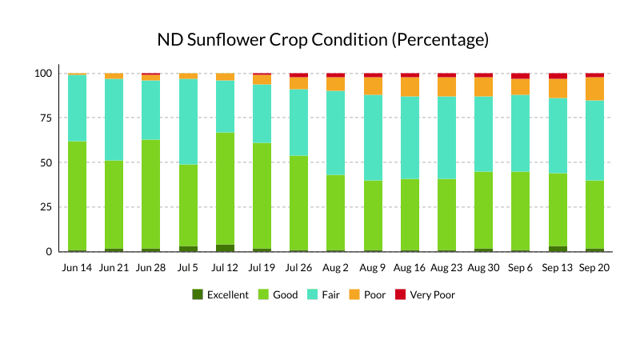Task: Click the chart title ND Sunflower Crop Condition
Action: [x=273, y=40]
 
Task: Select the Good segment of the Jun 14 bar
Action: [x=77, y=196]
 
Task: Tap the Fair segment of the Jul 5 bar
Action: [x=188, y=122]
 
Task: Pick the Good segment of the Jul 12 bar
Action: [x=225, y=189]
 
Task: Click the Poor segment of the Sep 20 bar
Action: [x=594, y=89]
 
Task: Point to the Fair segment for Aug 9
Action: [x=373, y=138]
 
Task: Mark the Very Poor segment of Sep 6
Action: [x=521, y=76]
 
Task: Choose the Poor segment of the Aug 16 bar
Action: [x=410, y=86]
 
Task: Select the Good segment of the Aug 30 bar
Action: [x=484, y=210]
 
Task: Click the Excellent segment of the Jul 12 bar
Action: [x=225, y=248]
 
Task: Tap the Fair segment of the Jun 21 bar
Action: [x=114, y=119]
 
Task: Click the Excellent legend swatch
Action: [x=198, y=294]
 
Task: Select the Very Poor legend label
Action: [x=432, y=294]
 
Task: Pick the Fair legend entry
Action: [x=323, y=294]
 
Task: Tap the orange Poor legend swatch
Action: [x=354, y=294]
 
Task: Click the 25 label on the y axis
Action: [x=46, y=207]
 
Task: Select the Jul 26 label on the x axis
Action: [x=298, y=268]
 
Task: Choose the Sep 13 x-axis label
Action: [x=557, y=268]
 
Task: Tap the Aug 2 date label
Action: [x=335, y=268]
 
